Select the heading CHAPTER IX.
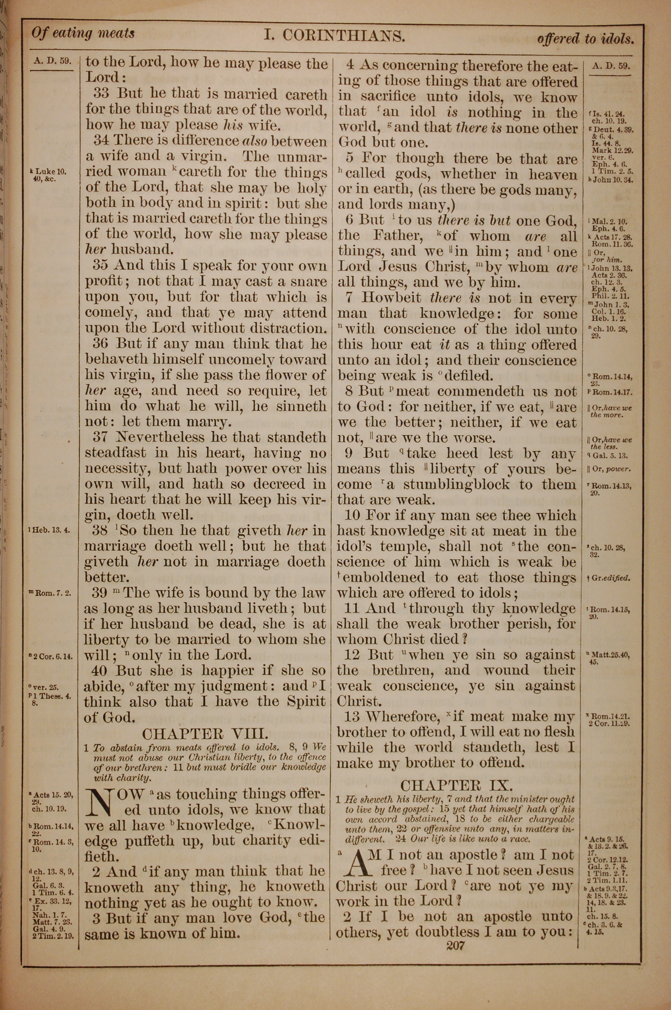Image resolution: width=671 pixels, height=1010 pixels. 456,785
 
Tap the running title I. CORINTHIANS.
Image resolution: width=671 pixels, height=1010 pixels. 334,36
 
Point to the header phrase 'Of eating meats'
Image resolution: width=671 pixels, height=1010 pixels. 83,33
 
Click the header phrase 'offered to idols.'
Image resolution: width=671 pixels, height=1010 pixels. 585,39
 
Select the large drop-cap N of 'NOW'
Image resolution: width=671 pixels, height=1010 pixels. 99,802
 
